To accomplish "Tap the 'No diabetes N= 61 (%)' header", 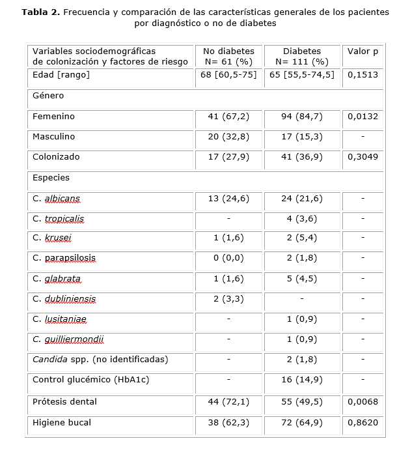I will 228,56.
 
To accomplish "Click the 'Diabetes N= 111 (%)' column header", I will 302,56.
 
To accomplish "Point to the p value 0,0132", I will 362,117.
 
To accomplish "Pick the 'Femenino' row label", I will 53,117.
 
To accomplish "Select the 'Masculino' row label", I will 53,137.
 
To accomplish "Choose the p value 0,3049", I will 362,157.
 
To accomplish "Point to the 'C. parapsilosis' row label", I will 64,258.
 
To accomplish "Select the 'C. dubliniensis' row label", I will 64,299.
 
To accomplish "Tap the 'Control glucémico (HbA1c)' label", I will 90,380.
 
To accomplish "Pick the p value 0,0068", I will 362,402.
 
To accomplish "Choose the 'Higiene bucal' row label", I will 61,422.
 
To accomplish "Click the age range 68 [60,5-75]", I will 228,75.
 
